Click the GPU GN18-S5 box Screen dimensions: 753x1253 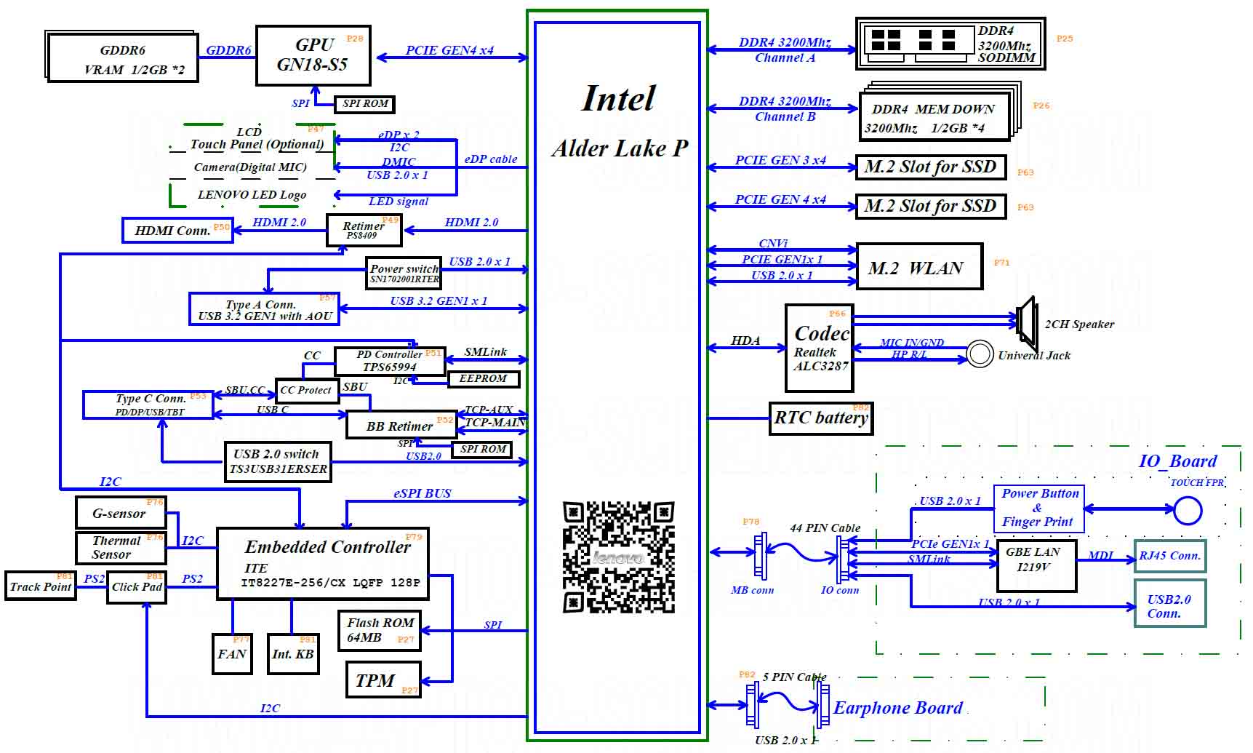(x=313, y=55)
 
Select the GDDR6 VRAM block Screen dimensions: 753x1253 (x=122, y=58)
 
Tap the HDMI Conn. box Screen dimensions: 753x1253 (x=177, y=230)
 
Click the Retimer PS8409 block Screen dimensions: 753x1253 (x=364, y=230)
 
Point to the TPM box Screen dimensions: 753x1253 (x=383, y=680)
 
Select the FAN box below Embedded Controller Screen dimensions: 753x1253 (x=232, y=653)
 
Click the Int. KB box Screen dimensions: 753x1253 (x=293, y=653)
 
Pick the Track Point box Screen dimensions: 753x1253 (x=41, y=586)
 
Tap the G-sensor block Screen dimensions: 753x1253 (x=121, y=513)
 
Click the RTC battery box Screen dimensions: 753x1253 (x=820, y=418)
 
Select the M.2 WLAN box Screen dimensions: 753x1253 (x=919, y=267)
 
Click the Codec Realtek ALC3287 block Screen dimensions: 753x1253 (x=820, y=348)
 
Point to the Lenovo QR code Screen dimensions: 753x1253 (x=618, y=557)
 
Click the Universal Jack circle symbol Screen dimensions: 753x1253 (x=980, y=354)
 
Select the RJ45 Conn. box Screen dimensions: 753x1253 (x=1169, y=556)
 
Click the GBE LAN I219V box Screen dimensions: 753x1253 (x=1036, y=565)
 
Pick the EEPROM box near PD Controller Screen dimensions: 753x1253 (x=483, y=379)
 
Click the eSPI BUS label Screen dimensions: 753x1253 (x=422, y=493)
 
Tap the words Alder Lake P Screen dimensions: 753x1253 (x=620, y=148)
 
